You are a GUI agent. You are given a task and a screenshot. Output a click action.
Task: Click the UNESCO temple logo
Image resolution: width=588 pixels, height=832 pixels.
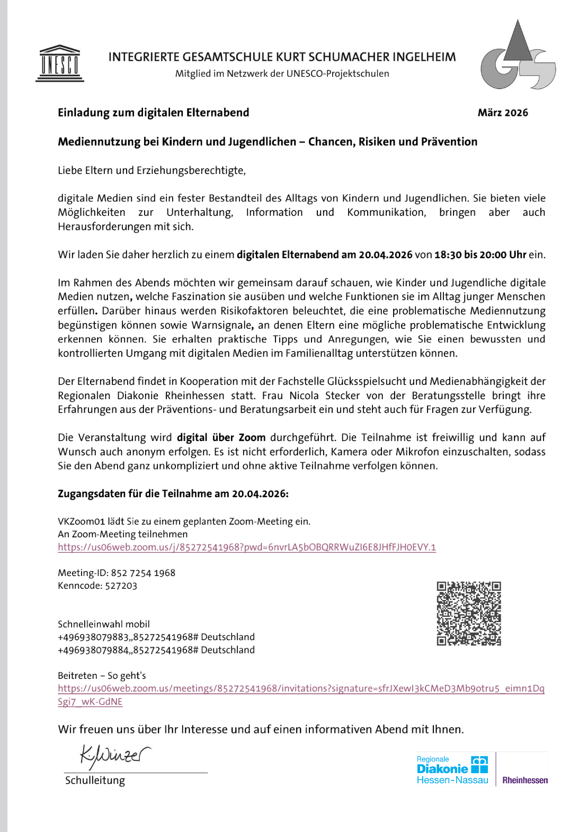[x=60, y=64]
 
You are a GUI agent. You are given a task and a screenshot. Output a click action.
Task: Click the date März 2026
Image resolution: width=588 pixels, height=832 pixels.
[x=503, y=112]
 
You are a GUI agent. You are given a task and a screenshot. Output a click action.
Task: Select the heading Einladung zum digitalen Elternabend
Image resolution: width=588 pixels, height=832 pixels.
[x=153, y=112]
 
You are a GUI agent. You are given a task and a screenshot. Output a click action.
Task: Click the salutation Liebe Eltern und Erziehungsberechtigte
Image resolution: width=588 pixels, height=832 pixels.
[x=152, y=170]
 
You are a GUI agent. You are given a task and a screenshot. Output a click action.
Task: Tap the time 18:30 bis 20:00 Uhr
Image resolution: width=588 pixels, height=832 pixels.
[x=480, y=254]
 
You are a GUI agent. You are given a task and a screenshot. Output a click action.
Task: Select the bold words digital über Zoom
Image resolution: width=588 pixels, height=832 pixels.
[x=221, y=437]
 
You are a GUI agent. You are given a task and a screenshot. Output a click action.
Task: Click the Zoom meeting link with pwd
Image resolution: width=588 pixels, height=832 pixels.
[x=247, y=547]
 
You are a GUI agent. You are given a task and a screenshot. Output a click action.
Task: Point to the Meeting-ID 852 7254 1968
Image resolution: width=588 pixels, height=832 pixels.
[x=143, y=573]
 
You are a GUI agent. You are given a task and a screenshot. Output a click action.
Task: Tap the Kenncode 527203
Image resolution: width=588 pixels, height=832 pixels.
[x=121, y=586]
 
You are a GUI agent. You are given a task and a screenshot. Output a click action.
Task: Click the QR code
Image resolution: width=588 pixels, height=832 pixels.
[x=469, y=614]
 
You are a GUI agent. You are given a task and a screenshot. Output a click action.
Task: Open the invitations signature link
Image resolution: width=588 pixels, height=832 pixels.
[x=301, y=688]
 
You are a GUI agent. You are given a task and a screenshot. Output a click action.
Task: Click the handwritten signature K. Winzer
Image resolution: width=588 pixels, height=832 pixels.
[x=114, y=755]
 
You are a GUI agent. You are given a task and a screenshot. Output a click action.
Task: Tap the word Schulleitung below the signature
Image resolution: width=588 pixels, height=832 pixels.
[x=95, y=780]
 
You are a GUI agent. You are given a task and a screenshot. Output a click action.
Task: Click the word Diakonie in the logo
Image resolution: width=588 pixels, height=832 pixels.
[x=442, y=769]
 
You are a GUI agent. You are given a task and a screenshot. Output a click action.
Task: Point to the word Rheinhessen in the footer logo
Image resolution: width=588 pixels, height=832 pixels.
[x=525, y=780]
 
